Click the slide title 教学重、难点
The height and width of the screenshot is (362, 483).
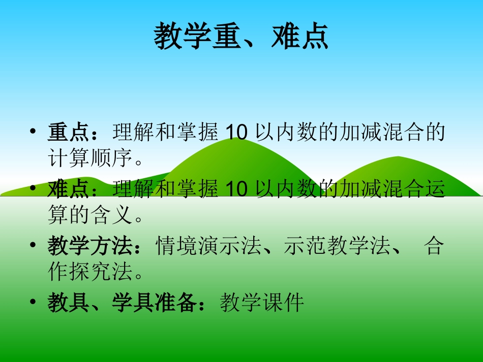(x=241, y=37)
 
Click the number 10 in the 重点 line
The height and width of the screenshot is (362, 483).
(x=235, y=133)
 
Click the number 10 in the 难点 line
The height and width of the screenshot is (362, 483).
(x=235, y=189)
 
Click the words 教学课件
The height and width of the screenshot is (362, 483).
(x=262, y=304)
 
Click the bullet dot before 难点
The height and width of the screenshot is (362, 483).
(x=33, y=189)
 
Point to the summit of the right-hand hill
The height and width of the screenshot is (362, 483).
(x=399, y=158)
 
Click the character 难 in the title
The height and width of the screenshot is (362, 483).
(x=285, y=37)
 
